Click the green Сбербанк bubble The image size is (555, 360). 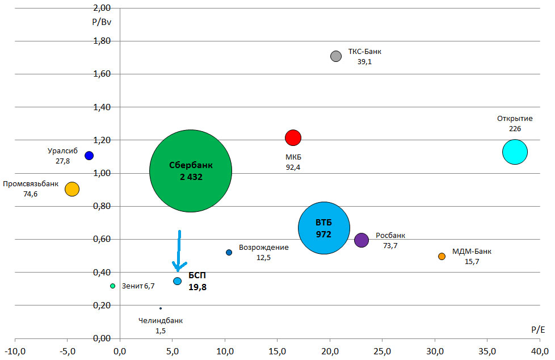pyautogui.click(x=191, y=170)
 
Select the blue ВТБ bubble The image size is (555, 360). pyautogui.click(x=323, y=228)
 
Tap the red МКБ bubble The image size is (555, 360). pyautogui.click(x=293, y=137)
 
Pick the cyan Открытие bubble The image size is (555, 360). pyautogui.click(x=515, y=152)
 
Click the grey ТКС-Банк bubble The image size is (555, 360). pyautogui.click(x=336, y=56)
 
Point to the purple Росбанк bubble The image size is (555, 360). pyautogui.click(x=361, y=240)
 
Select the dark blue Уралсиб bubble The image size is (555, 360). pyautogui.click(x=89, y=156)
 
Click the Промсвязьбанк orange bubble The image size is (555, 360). pyautogui.click(x=72, y=189)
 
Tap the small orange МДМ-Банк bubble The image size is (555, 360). pyautogui.click(x=442, y=257)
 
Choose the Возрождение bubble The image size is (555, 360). pyautogui.click(x=229, y=253)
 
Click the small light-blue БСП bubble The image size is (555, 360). pyautogui.click(x=178, y=281)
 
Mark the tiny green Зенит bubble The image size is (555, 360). pyautogui.click(x=112, y=286)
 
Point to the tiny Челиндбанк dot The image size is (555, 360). pyautogui.click(x=161, y=308)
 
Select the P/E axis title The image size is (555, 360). pyautogui.click(x=538, y=329)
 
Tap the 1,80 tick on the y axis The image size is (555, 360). pyautogui.click(x=102, y=41)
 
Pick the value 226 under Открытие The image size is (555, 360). pyautogui.click(x=515, y=129)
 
